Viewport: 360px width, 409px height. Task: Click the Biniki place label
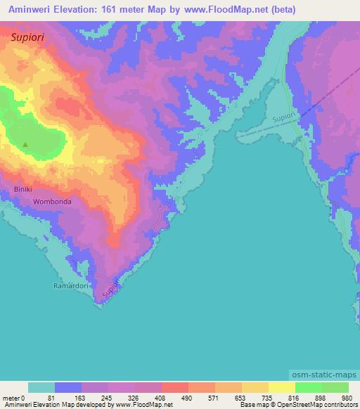pyautogui.click(x=23, y=190)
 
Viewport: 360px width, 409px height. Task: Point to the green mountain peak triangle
pyautogui.click(x=25, y=145)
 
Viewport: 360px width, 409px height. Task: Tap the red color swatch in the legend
pyautogui.click(x=174, y=387)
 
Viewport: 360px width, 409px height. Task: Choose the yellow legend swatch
pyautogui.click(x=281, y=387)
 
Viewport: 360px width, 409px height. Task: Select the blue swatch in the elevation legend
pyautogui.click(x=68, y=387)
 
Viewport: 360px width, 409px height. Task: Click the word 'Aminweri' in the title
pyautogui.click(x=30, y=10)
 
